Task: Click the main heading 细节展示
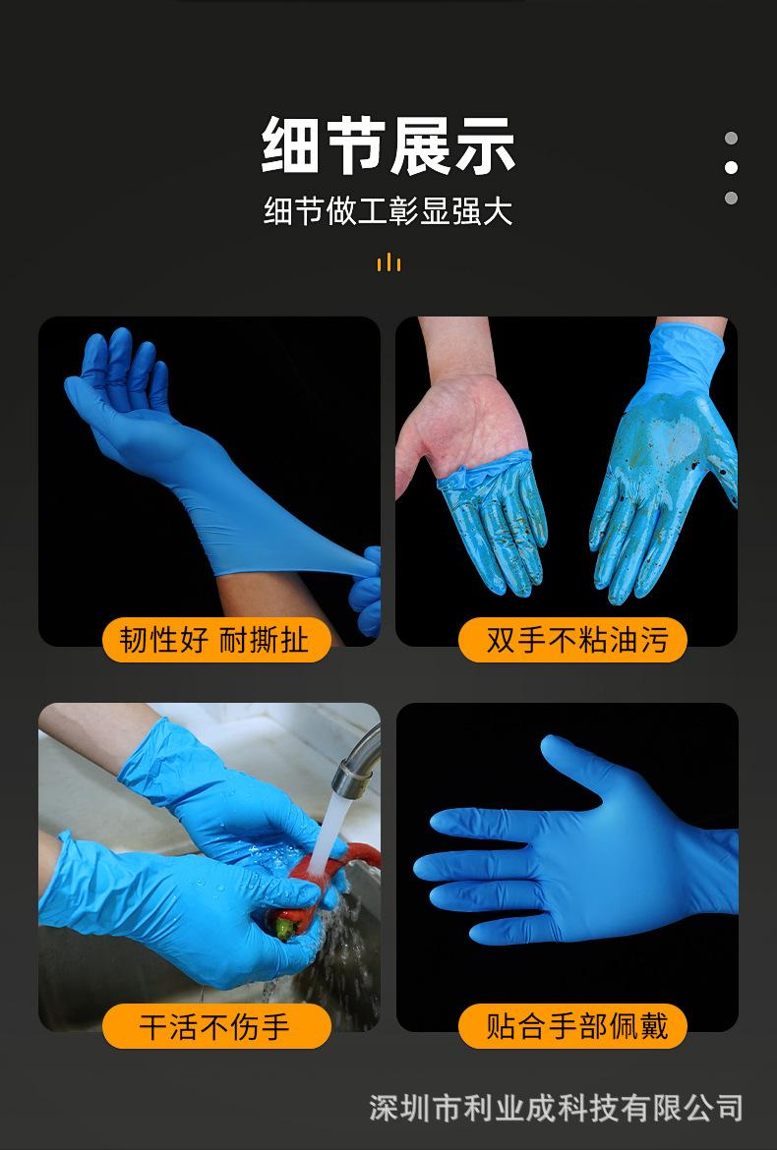click(388, 145)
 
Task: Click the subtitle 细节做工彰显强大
click(388, 211)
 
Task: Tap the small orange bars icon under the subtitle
click(388, 261)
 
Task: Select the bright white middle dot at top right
click(731, 168)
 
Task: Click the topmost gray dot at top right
click(731, 139)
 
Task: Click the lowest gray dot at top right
click(731, 199)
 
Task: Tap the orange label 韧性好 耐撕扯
click(215, 640)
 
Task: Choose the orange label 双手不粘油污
click(573, 640)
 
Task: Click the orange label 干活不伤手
click(215, 1027)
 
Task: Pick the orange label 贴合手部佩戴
click(573, 1027)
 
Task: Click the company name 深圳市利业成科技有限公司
click(556, 1108)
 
